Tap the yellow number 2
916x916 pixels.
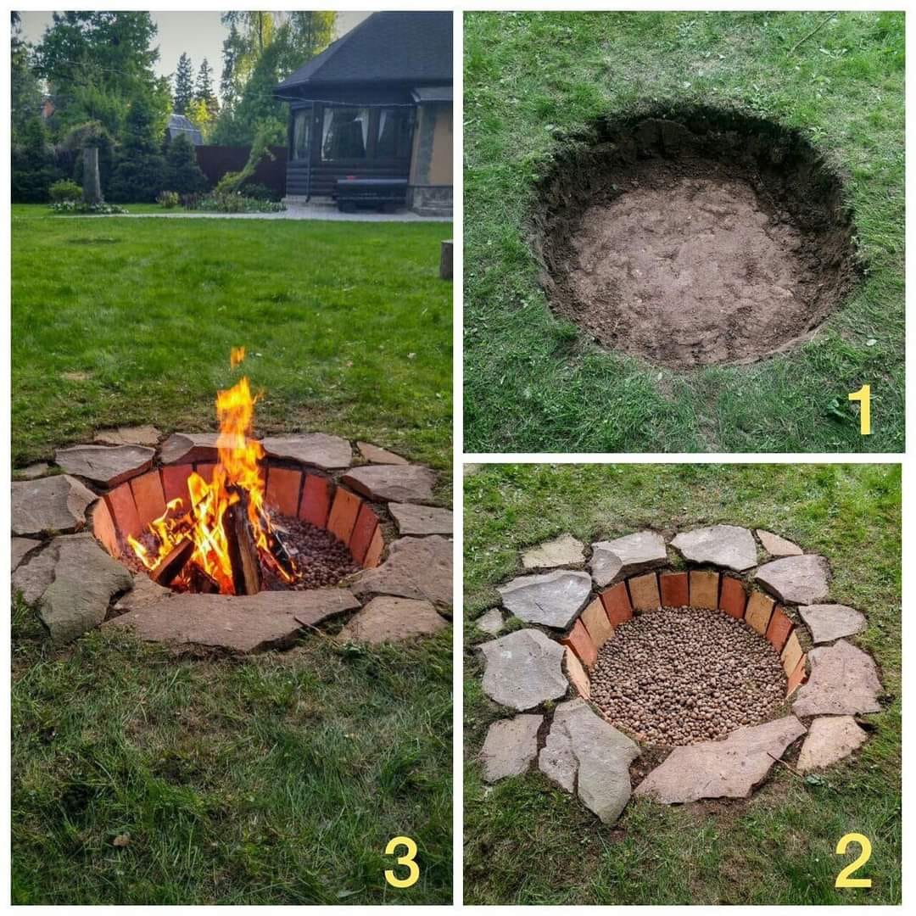coord(853,860)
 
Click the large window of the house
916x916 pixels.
coord(344,134)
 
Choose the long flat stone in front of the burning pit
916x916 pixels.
coord(234,619)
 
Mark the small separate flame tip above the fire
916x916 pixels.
coord(237,356)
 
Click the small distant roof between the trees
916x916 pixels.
coord(184,129)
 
